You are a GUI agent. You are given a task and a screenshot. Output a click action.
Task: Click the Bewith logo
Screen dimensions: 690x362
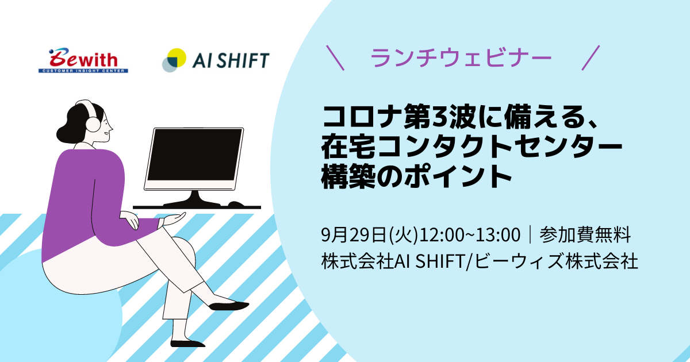click(83, 60)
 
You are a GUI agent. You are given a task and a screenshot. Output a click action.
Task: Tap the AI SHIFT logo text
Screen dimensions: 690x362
click(231, 60)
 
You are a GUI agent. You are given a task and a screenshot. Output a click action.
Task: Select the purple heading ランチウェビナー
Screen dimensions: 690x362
click(461, 57)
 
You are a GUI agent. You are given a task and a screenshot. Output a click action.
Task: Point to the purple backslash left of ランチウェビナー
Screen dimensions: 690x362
click(335, 58)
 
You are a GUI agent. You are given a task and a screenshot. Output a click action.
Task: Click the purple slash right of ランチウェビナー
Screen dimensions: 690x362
click(591, 58)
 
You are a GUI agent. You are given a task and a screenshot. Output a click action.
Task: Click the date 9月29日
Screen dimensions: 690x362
click(354, 235)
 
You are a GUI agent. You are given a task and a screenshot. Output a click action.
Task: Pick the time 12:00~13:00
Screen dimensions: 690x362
click(470, 235)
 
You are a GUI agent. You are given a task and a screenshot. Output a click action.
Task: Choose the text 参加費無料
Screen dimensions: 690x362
click(585, 235)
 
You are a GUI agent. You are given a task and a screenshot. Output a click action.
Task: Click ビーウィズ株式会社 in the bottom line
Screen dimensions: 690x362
click(555, 261)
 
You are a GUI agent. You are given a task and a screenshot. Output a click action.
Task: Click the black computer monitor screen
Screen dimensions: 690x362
click(195, 155)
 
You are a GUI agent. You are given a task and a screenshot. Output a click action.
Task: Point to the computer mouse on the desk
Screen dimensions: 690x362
click(236, 204)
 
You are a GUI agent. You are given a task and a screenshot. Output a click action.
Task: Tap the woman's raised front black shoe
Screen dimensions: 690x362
click(229, 306)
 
